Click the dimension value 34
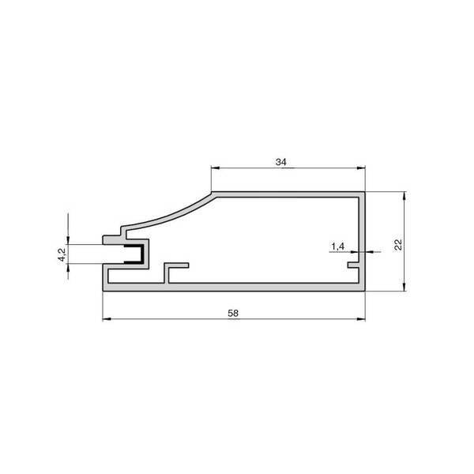tap(280, 162)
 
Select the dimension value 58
tap(233, 313)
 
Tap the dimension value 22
tap(398, 245)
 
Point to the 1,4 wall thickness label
tap(337, 246)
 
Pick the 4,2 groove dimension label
tap(62, 254)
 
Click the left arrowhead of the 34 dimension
tap(215, 168)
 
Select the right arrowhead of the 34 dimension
tap(361, 168)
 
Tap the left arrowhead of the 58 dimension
tap(107, 319)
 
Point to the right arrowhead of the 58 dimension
tap(361, 319)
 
